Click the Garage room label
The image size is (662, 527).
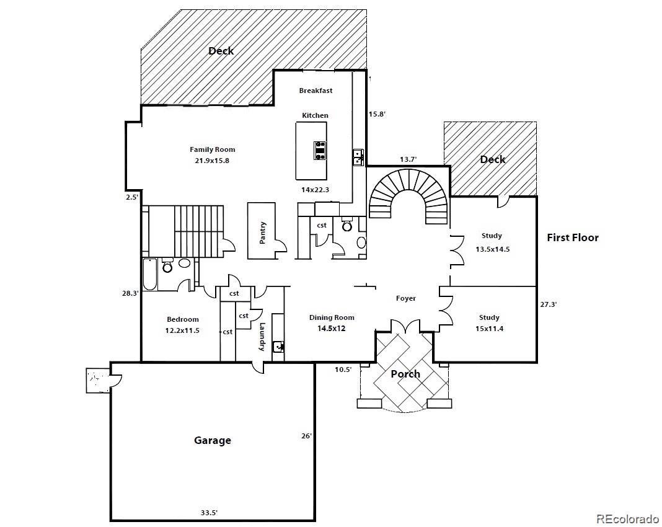point(213,440)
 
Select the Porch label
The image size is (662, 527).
point(405,374)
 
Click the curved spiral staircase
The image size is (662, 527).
point(408,195)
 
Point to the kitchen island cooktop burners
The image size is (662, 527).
point(320,151)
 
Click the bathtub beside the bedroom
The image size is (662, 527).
point(151,274)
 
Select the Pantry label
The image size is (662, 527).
point(263,232)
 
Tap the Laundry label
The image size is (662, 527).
point(263,337)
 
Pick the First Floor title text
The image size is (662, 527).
point(573,237)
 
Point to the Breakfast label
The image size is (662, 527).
point(316,91)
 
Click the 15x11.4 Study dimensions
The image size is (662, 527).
point(489,328)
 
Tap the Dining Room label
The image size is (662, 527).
point(332,317)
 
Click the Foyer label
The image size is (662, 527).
point(406,298)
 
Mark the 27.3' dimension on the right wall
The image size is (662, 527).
point(549,304)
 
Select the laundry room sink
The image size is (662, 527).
point(278,346)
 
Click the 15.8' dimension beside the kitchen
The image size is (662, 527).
point(377,114)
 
